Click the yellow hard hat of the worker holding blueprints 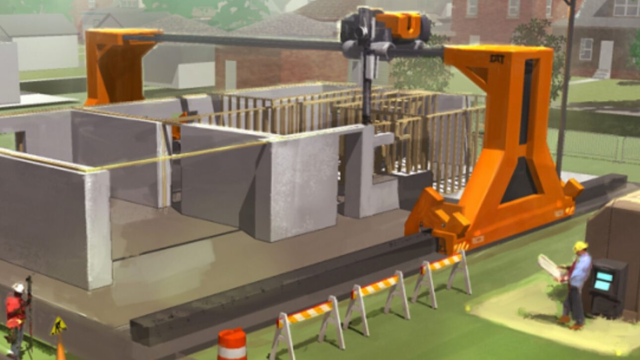(x=580, y=246)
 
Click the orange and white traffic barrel (x=232, y=345)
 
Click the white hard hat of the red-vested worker (x=18, y=288)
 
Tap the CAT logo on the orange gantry (x=497, y=59)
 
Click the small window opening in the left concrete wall (x=20, y=141)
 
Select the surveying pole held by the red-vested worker (x=29, y=312)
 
